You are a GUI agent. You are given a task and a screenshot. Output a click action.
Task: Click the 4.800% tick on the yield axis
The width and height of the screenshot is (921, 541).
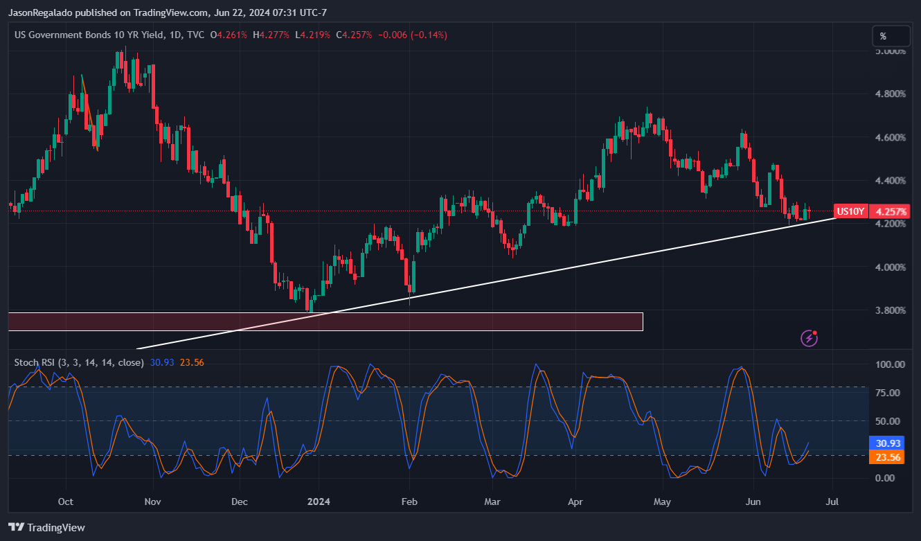coord(890,94)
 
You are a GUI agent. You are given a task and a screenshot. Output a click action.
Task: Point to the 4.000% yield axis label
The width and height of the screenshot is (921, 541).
coord(890,267)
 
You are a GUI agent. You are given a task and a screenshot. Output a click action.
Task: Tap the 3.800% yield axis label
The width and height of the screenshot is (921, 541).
coord(890,310)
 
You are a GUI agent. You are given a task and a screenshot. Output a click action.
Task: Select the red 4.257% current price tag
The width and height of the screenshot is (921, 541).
coord(890,211)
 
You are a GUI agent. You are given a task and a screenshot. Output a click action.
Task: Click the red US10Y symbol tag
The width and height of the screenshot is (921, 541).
coord(850,211)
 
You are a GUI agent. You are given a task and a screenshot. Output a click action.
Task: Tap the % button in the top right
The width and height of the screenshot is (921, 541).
coord(890,36)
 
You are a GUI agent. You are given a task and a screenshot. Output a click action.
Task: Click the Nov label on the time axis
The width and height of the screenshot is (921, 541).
coord(153,502)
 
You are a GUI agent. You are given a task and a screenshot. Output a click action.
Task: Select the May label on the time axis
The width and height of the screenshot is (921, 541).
coord(663,502)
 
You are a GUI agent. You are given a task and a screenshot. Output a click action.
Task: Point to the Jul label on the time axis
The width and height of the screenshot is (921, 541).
coord(832,502)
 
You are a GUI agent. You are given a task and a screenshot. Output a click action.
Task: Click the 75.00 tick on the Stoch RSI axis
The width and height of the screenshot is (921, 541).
coord(890,393)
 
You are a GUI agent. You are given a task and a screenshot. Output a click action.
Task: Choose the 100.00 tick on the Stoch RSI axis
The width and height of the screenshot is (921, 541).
coord(890,364)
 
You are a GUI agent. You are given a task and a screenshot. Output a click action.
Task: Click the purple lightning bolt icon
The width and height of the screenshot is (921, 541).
coord(809,338)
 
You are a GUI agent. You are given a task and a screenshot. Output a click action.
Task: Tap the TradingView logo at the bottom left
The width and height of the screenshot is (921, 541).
coord(46,528)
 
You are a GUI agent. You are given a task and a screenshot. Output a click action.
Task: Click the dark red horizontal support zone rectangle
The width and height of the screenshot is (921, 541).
coord(325,321)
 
